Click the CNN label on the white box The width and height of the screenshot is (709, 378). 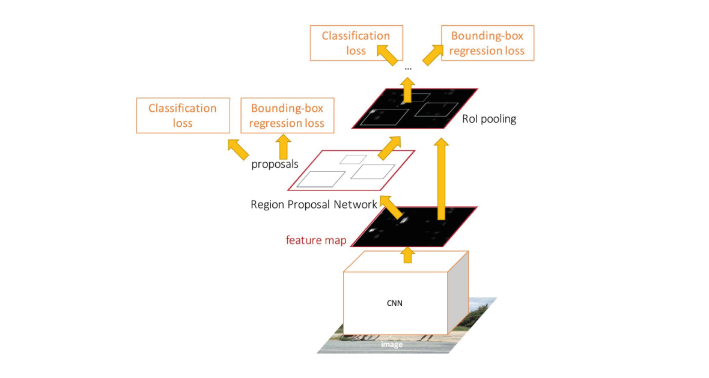395,303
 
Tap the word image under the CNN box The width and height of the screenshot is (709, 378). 392,344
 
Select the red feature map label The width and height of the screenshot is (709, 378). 316,240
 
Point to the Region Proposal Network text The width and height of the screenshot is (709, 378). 314,205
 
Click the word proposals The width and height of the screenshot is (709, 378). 275,164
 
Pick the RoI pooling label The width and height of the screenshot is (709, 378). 489,119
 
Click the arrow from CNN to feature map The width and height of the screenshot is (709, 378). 408,255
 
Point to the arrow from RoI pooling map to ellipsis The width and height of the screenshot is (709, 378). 408,90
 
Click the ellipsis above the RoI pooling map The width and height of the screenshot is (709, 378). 408,69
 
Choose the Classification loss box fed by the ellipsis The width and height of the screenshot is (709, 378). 356,43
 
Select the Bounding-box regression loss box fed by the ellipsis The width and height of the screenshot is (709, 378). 487,43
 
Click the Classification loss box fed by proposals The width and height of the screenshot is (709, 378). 183,115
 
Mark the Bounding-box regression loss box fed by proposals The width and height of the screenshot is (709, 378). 287,115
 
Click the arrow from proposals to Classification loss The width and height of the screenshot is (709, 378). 238,148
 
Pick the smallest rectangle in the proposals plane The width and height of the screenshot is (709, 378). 353,159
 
